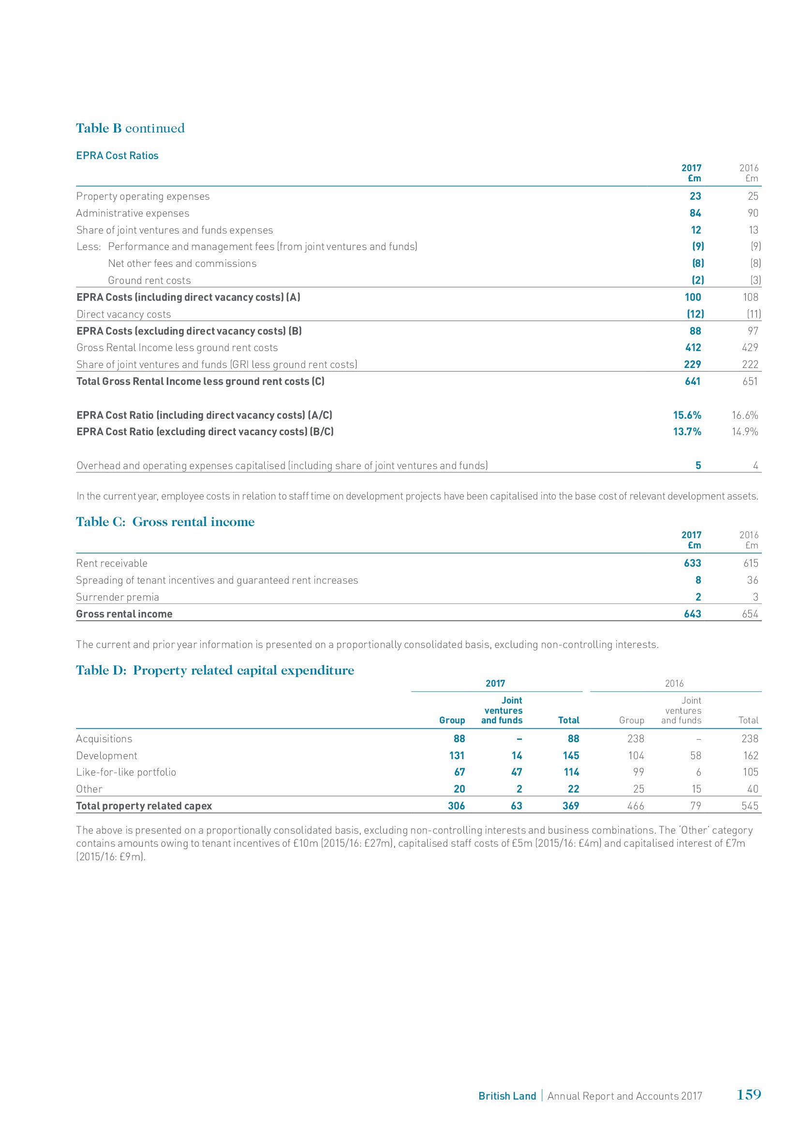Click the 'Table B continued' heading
coord(130,128)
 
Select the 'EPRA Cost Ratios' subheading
coord(117,156)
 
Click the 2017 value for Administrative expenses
coord(695,213)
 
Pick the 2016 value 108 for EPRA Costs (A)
coord(750,297)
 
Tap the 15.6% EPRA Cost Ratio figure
coord(687,415)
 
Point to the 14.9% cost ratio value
coord(745,432)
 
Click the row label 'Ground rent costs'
coord(149,280)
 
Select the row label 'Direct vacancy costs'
coord(124,314)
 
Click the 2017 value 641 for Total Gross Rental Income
coord(692,381)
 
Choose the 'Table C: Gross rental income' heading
coord(165,522)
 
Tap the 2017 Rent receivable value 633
coord(692,563)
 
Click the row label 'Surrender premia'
coord(118,597)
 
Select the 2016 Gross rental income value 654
coord(750,614)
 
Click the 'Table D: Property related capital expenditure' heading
coord(215,670)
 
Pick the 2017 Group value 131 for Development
coord(457,756)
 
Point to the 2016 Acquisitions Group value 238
coord(636,739)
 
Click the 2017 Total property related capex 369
coord(570,806)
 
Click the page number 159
coord(749,1095)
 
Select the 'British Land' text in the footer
coord(507,1096)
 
